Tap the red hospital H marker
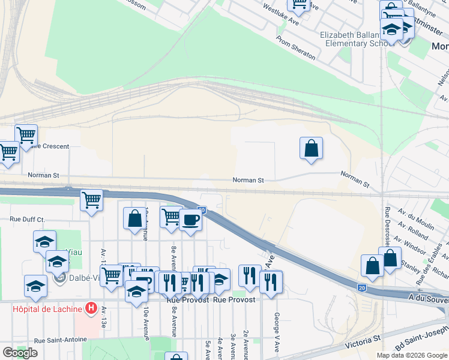[91, 308]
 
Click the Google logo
[20, 353]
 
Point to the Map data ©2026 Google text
[412, 355]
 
